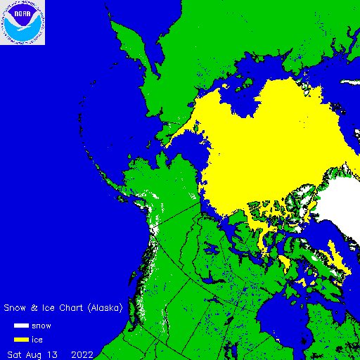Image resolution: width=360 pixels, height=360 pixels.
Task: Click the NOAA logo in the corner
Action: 22,22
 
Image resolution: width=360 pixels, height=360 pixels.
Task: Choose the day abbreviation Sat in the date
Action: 15,353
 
